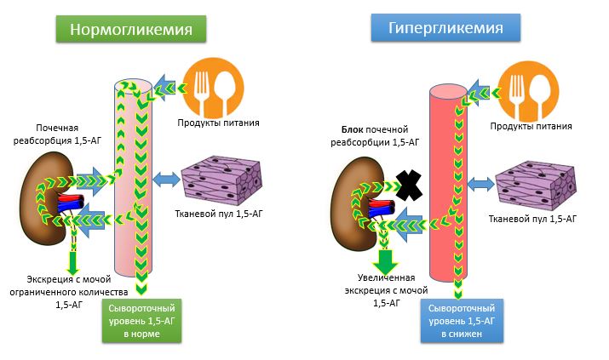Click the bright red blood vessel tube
click(446, 187)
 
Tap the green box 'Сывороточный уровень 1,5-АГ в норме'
click(141, 321)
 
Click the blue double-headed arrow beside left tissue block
click(167, 179)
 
